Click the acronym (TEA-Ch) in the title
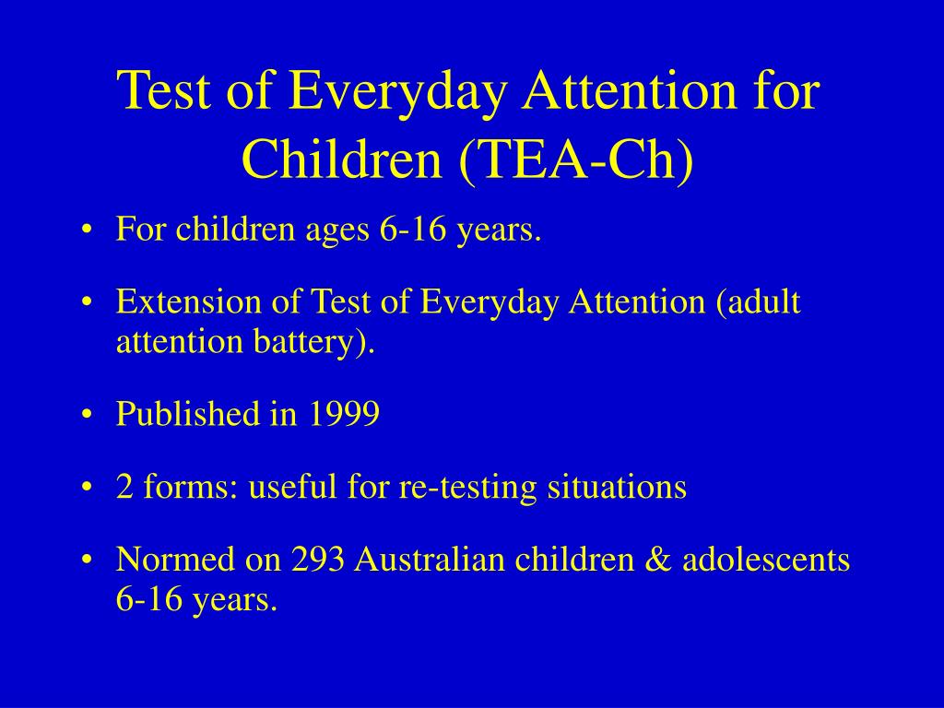pos(576,159)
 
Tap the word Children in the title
pos(342,158)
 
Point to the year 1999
pos(344,414)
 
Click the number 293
pos(318,559)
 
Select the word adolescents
pos(766,559)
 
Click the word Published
pos(188,414)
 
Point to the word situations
pos(617,487)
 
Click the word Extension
pos(189,301)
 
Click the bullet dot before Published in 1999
pos(88,415)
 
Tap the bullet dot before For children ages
pos(88,230)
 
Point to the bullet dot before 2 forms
pos(88,488)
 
